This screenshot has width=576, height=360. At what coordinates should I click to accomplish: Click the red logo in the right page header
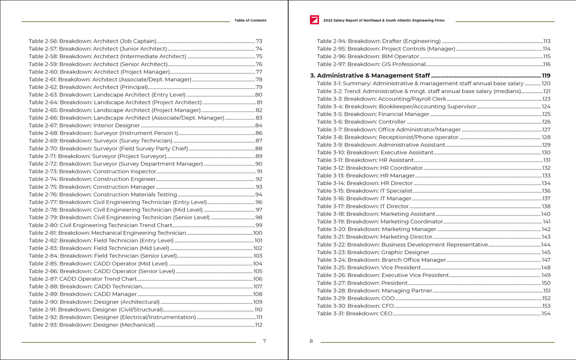point(315,20)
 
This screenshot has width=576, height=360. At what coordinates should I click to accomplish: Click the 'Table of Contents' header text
point(250,21)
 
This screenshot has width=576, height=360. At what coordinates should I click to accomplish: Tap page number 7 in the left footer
point(264,341)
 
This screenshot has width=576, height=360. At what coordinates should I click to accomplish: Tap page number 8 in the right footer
point(311,341)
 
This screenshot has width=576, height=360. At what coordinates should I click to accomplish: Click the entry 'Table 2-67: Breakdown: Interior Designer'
point(84,125)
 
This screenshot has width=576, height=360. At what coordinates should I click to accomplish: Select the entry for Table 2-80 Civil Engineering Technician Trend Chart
point(100,225)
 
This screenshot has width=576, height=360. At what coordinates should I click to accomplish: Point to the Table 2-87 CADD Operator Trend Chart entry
point(83,279)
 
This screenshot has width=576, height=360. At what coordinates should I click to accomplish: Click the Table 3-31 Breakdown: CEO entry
point(355,313)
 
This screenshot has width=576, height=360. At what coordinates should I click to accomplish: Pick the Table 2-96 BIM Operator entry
point(368,56)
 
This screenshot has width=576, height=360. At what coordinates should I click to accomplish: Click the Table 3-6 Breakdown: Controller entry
point(361,121)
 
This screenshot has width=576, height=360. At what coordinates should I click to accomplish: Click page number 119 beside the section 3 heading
point(546,75)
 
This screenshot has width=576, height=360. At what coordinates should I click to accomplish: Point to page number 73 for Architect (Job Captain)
point(259,41)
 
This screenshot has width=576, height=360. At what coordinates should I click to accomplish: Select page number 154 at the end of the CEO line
point(546,313)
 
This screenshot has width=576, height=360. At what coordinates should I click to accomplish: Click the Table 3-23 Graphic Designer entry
point(373,252)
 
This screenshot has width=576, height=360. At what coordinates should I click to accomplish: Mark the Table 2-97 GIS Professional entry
point(371,64)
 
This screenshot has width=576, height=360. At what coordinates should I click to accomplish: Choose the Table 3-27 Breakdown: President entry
point(362,283)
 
